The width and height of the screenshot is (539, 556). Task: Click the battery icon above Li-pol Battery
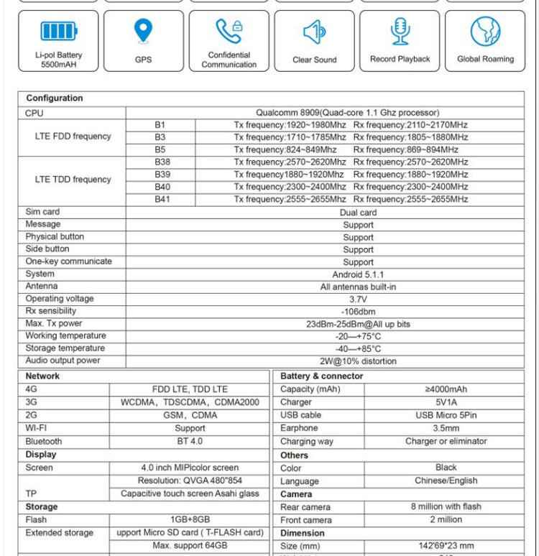point(58,31)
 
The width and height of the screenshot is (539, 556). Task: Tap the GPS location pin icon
point(143,31)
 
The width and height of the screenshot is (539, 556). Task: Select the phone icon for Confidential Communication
point(229,31)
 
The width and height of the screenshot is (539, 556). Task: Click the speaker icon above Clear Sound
point(315,32)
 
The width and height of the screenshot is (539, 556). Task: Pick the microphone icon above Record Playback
point(400,31)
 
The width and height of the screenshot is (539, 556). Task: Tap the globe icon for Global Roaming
point(485,32)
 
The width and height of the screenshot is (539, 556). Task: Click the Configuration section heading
point(55,98)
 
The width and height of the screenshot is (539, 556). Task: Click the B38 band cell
point(162,162)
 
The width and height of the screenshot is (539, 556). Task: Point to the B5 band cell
point(160,149)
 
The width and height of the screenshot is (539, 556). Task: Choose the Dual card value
point(358,213)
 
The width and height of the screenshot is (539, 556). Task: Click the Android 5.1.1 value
point(358,274)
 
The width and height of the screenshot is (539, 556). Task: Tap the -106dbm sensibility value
point(358,312)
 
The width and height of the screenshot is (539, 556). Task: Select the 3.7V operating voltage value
point(358,300)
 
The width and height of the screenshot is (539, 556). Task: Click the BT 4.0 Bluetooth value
point(190,441)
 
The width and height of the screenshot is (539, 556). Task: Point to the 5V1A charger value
point(446,402)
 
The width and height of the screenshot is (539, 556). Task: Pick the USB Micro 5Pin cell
point(446,415)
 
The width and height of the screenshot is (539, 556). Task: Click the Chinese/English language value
point(446,481)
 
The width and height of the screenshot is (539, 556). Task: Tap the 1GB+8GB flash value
point(190,519)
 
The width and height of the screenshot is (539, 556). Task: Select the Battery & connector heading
point(322,376)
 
